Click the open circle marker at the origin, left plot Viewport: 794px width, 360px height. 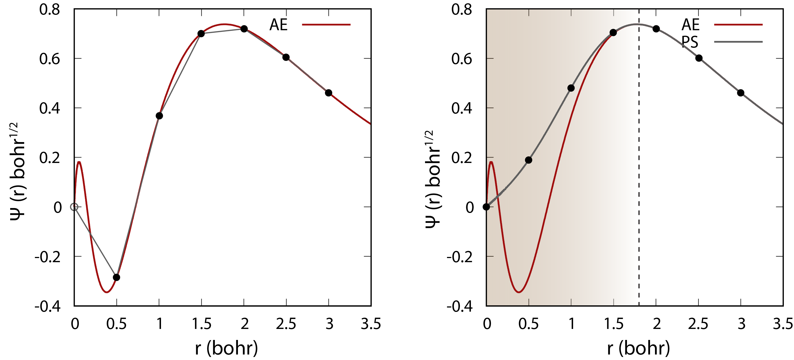[74, 207]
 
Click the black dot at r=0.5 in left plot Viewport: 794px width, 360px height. [116, 277]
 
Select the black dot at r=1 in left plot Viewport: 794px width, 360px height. [159, 116]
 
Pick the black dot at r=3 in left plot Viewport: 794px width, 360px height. [329, 93]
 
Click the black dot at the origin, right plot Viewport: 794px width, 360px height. [486, 207]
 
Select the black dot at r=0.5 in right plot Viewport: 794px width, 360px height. [529, 160]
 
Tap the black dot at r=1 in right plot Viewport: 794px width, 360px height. [571, 88]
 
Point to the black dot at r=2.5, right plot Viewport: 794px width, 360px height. [699, 58]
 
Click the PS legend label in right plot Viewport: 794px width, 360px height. [690, 42]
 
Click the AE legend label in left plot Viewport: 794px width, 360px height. [278, 25]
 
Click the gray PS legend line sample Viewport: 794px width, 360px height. [738, 41]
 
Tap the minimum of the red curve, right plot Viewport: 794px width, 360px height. [519, 292]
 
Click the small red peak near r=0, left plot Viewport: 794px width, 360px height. [79, 162]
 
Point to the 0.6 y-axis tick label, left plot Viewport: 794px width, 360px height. [50, 59]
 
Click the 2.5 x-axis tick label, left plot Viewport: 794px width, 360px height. [286, 324]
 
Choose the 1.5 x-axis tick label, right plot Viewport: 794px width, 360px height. [613, 324]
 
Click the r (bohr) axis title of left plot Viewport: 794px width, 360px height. [227, 348]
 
